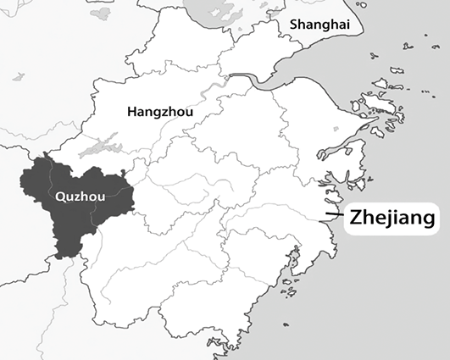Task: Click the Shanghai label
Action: (319, 25)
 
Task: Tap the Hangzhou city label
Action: (161, 112)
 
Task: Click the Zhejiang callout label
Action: (392, 217)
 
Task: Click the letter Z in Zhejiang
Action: (357, 217)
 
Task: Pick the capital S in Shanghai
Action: (294, 25)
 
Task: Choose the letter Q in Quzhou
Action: (58, 196)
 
